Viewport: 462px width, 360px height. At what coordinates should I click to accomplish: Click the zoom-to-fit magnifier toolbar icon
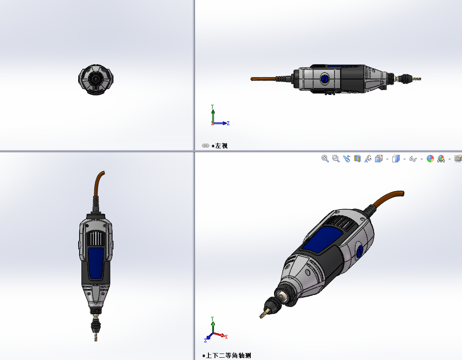coord(325,159)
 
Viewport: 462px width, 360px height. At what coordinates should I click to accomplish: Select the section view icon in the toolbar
coord(357,159)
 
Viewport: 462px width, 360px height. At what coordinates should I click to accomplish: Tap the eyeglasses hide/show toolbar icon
coord(413,159)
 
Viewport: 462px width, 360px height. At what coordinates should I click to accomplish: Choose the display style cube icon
coord(396,159)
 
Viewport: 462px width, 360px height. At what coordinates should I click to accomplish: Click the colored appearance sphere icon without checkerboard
coord(430,159)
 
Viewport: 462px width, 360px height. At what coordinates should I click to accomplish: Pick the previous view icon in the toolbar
coord(347,159)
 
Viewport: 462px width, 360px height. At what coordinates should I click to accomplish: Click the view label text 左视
coord(221,146)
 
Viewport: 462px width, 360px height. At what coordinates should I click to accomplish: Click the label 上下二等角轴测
coord(228,355)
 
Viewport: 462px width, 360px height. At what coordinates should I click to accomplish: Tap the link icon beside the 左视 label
coord(205,146)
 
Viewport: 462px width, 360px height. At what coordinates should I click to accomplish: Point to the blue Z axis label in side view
coord(228,123)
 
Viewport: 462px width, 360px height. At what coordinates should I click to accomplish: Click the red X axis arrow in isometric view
coord(220,335)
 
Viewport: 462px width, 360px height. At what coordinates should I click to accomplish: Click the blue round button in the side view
coord(325,79)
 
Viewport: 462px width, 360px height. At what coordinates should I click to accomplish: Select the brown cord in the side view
coord(263,79)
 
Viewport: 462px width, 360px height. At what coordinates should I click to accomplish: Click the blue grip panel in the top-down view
coord(96,263)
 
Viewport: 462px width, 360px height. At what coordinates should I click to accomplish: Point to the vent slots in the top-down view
coord(95,239)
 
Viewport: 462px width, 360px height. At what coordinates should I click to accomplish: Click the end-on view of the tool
coord(96,80)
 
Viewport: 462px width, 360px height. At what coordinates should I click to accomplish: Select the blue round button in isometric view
coord(360,253)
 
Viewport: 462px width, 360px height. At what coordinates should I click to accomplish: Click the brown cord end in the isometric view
coord(402,193)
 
